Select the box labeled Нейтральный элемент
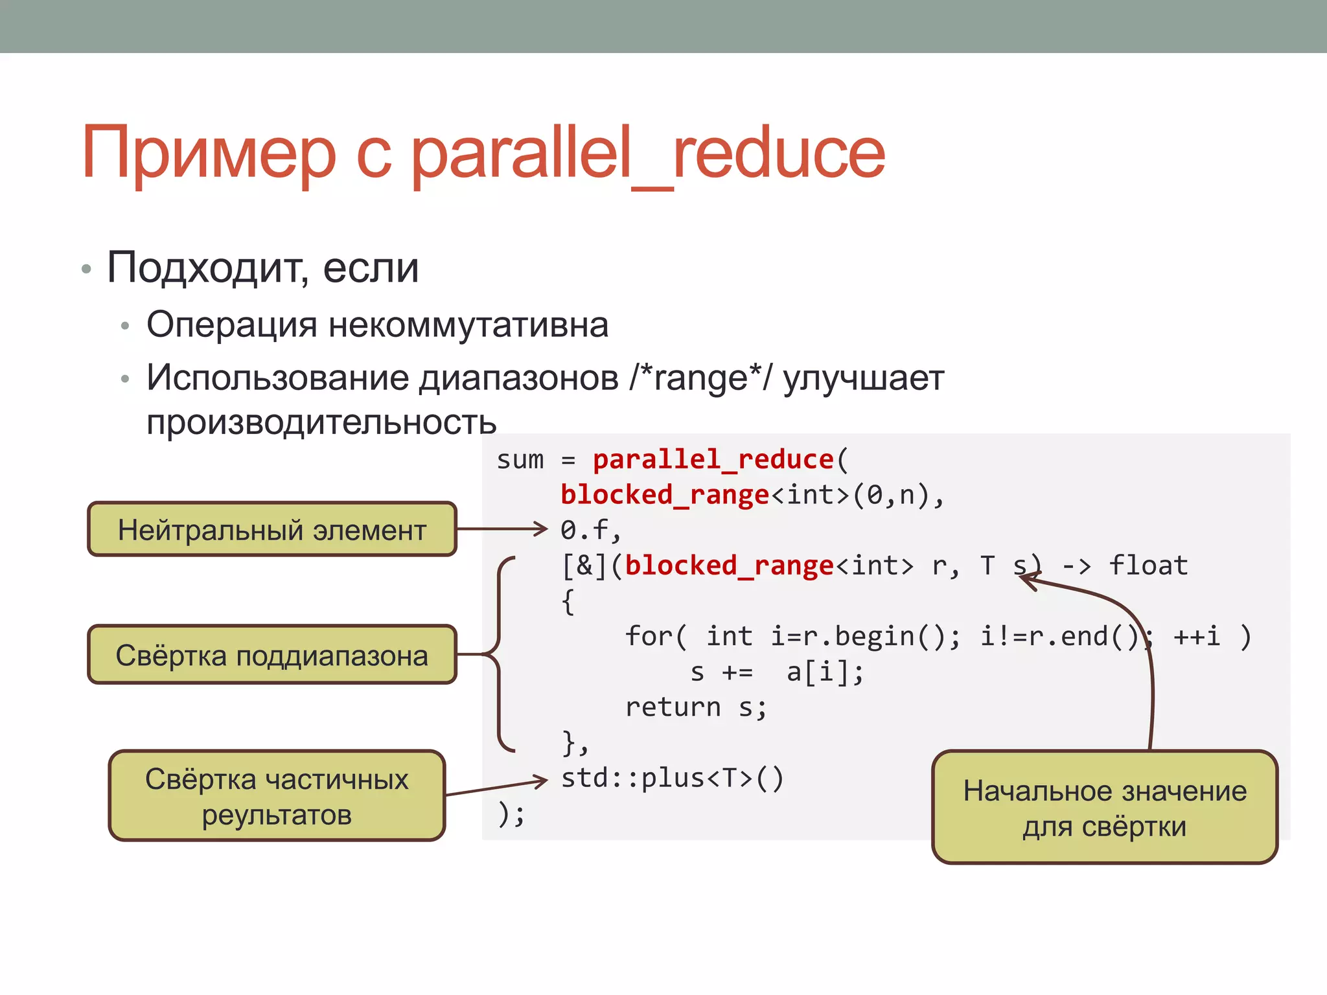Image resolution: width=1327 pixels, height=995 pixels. tap(272, 529)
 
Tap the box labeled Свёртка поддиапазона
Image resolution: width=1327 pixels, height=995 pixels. tap(272, 655)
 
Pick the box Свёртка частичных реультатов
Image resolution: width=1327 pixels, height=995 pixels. tap(277, 796)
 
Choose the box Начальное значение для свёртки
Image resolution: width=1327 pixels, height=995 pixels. tap(1105, 808)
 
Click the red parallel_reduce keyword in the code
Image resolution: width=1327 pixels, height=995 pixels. tap(713, 459)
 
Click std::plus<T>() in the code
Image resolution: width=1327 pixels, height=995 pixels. tap(672, 778)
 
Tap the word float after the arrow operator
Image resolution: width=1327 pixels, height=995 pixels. tap(1148, 566)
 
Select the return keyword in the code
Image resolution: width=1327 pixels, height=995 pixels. tap(673, 707)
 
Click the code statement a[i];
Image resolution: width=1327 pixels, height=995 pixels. tap(825, 672)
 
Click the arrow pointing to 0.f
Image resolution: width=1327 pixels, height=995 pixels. tap(502, 529)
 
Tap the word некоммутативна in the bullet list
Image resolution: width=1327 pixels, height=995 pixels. tap(468, 325)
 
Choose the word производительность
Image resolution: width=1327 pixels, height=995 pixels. tap(321, 422)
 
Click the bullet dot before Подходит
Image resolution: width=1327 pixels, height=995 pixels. tap(86, 269)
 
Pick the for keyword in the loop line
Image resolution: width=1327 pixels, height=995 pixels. tap(650, 636)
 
